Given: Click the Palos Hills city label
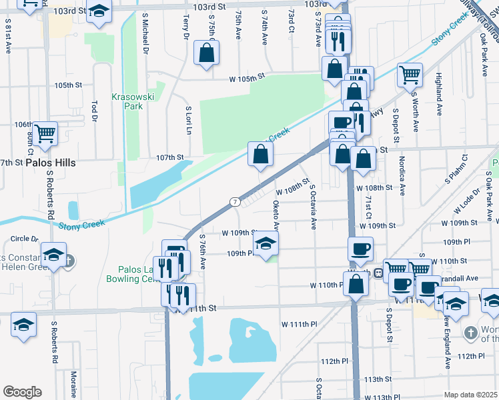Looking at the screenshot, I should (51, 163).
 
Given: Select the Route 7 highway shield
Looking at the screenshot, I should (235, 201).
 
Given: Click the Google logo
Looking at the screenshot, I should (22, 392).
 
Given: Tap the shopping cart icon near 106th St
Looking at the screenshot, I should (45, 133).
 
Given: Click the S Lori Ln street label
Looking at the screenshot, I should (189, 121).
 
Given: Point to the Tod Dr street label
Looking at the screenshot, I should (95, 111).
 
